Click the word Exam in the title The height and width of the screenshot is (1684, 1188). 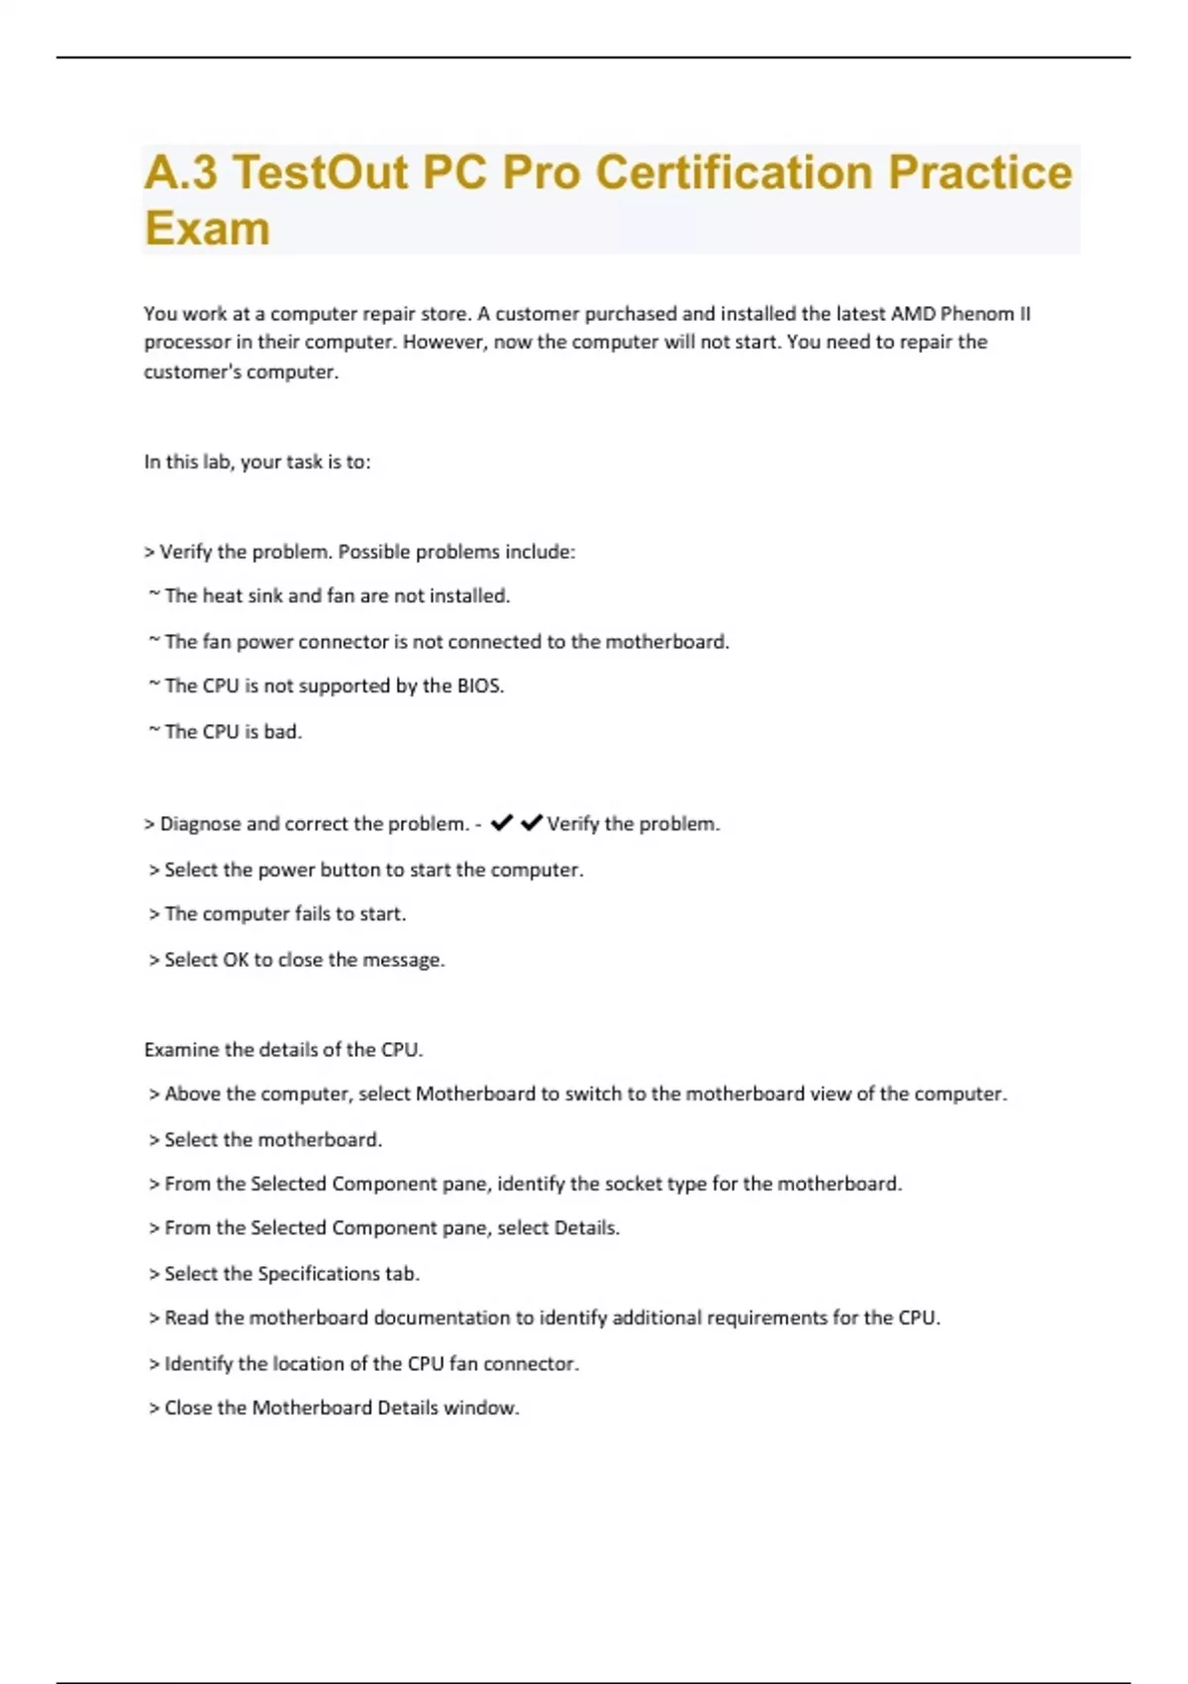(x=207, y=228)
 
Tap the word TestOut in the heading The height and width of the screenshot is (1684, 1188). (x=319, y=172)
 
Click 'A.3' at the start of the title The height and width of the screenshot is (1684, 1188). (x=180, y=172)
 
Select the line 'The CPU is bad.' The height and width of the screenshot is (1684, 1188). (x=233, y=731)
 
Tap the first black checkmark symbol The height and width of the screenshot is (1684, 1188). (x=502, y=822)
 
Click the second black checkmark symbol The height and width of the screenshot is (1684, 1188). (x=532, y=822)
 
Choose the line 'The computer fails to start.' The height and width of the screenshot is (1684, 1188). (x=285, y=913)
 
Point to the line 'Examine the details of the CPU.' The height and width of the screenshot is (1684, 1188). (x=283, y=1049)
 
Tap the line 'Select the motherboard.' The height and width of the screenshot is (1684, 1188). (x=272, y=1139)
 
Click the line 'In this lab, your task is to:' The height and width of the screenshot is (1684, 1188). (x=257, y=462)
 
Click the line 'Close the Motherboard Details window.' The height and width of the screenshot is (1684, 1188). (x=342, y=1408)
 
